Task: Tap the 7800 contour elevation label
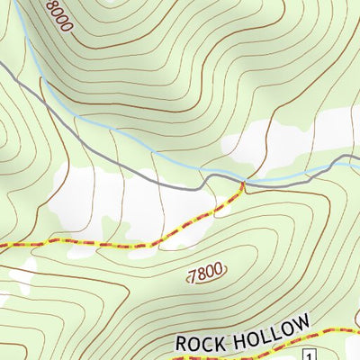tap(205, 274)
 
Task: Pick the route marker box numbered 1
tap(309, 354)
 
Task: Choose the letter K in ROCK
tap(220, 338)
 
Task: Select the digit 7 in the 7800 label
tap(192, 277)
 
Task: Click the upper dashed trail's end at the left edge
tap(1, 244)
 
